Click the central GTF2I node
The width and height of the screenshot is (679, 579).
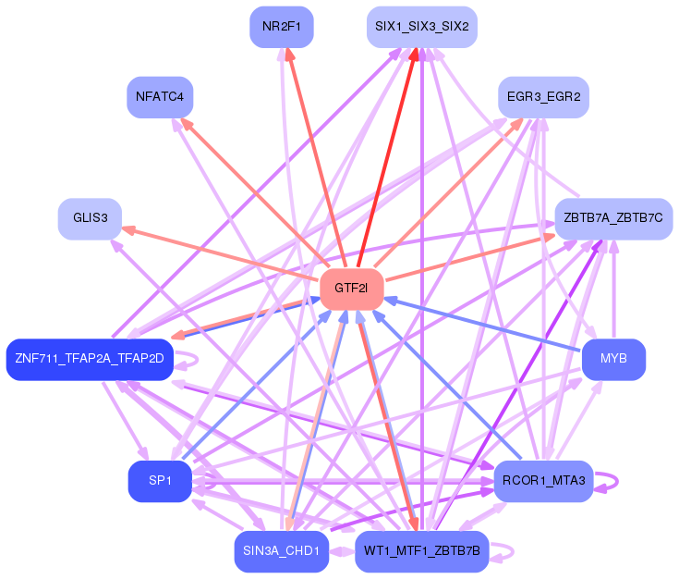point(352,289)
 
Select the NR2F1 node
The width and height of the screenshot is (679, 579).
point(282,27)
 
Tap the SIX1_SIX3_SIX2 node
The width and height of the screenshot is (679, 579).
point(422,27)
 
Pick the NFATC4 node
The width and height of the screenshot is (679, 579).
point(160,97)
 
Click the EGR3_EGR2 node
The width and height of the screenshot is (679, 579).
point(543,97)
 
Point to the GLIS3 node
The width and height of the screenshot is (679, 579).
point(91,219)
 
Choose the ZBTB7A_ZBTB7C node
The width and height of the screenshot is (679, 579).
point(613,219)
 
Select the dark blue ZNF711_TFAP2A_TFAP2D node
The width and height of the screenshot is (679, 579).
point(90,360)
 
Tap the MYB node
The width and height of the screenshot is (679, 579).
point(613,360)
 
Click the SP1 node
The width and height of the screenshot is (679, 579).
point(160,481)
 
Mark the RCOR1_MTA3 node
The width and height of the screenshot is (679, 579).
point(543,481)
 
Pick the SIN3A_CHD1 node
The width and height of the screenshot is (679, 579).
point(282,551)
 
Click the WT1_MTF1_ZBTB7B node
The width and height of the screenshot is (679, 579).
point(422,551)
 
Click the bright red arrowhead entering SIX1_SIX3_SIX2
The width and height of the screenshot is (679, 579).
point(414,54)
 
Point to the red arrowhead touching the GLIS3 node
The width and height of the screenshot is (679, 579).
point(128,229)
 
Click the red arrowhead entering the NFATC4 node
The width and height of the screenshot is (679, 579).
point(187,124)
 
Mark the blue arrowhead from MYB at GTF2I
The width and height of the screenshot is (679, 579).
point(391,300)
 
